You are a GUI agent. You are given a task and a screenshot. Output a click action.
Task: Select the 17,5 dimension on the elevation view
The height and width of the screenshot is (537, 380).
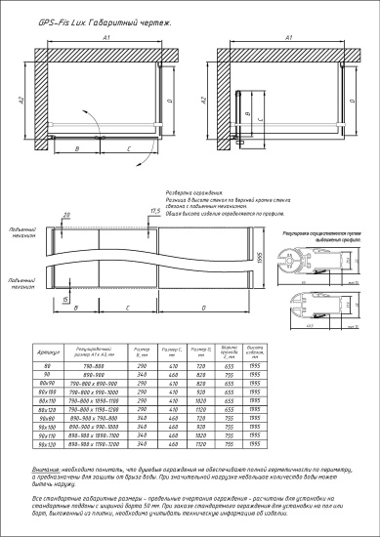coord(155,210)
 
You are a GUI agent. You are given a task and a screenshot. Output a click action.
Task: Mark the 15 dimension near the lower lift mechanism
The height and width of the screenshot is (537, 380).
coord(65,299)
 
